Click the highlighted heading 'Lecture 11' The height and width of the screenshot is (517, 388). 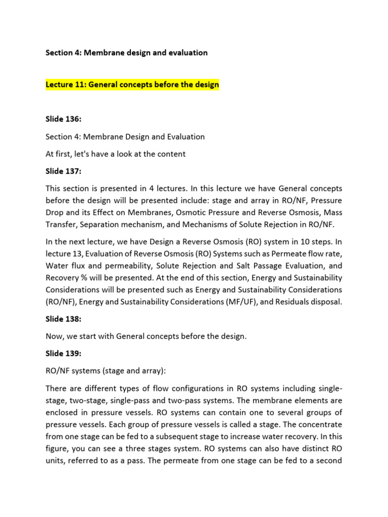click(132, 84)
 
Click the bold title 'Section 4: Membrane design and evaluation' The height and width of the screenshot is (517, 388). click(126, 53)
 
